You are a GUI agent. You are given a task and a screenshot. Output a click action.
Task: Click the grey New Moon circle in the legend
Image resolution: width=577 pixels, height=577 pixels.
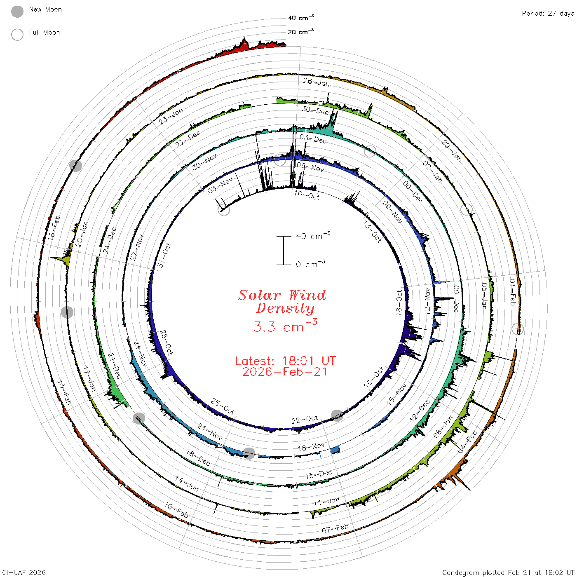(17, 12)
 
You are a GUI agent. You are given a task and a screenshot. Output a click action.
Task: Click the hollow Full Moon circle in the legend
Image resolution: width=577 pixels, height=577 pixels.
(17, 35)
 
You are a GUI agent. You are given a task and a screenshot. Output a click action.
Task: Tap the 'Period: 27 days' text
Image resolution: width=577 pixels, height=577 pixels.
(548, 14)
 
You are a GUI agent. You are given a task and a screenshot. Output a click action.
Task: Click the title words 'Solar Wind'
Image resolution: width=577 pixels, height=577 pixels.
(282, 295)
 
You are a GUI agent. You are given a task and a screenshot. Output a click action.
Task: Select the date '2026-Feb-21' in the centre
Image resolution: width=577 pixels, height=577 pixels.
(285, 372)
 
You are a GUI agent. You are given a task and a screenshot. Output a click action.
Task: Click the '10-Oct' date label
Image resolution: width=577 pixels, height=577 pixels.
(307, 195)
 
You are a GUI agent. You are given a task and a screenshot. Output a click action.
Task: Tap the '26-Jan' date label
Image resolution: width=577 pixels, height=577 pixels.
(316, 82)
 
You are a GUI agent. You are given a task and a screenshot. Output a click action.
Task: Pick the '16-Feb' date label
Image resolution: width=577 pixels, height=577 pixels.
(54, 228)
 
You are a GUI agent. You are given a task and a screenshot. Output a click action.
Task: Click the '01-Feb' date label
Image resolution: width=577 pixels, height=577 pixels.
(513, 292)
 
